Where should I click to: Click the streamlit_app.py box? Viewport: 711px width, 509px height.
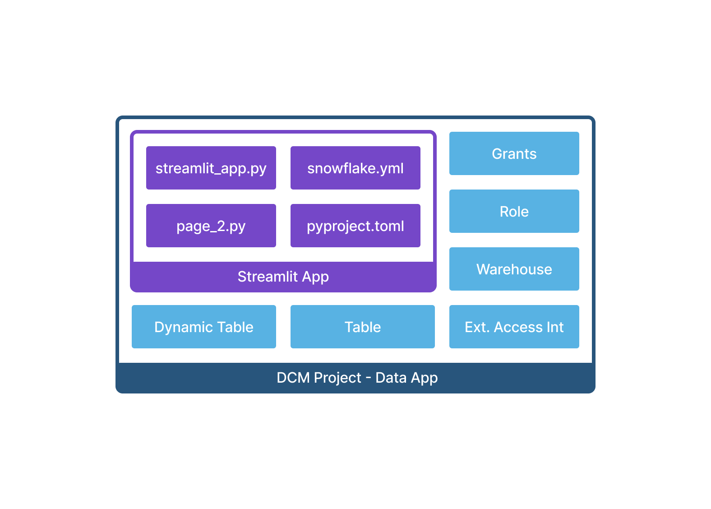click(211, 168)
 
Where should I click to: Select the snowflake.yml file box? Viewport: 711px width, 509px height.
click(355, 168)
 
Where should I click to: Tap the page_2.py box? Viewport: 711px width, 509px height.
click(211, 226)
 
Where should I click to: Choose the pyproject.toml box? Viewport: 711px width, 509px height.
click(355, 226)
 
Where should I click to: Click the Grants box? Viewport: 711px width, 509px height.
click(514, 153)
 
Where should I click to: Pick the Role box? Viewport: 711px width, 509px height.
click(514, 211)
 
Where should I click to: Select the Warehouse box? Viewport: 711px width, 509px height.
click(514, 269)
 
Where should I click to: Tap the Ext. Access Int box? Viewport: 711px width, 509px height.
click(514, 327)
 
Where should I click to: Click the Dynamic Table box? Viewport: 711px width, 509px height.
click(204, 327)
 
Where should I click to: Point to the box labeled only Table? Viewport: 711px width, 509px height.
click(362, 327)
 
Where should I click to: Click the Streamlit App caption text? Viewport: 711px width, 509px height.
click(283, 277)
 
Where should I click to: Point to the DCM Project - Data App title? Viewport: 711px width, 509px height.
click(357, 378)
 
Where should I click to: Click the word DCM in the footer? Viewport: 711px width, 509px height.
click(293, 378)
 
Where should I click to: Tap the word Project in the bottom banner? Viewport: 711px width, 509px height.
click(337, 378)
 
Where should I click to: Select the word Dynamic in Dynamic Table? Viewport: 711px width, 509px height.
click(182, 327)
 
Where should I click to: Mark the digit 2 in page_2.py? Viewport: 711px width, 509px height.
click(221, 226)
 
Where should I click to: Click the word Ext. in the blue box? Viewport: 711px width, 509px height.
click(477, 327)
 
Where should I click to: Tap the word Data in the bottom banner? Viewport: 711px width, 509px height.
click(391, 378)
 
